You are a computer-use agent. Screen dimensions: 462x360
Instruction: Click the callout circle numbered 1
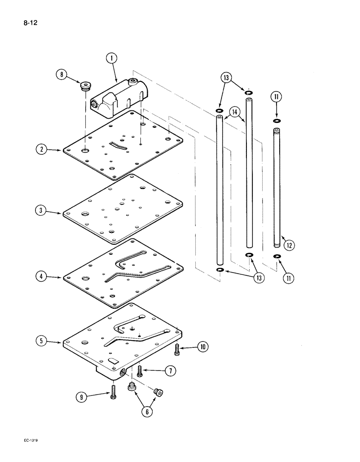111,59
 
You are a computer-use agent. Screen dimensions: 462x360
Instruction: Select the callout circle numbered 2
42,149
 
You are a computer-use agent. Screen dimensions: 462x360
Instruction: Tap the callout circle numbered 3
42,210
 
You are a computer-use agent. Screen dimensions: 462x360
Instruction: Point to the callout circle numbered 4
42,277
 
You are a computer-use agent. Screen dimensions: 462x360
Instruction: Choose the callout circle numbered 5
42,341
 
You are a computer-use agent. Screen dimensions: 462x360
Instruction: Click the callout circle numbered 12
289,245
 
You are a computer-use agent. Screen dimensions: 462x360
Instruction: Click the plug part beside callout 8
85,86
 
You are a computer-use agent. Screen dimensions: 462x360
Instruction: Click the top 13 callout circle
226,78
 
